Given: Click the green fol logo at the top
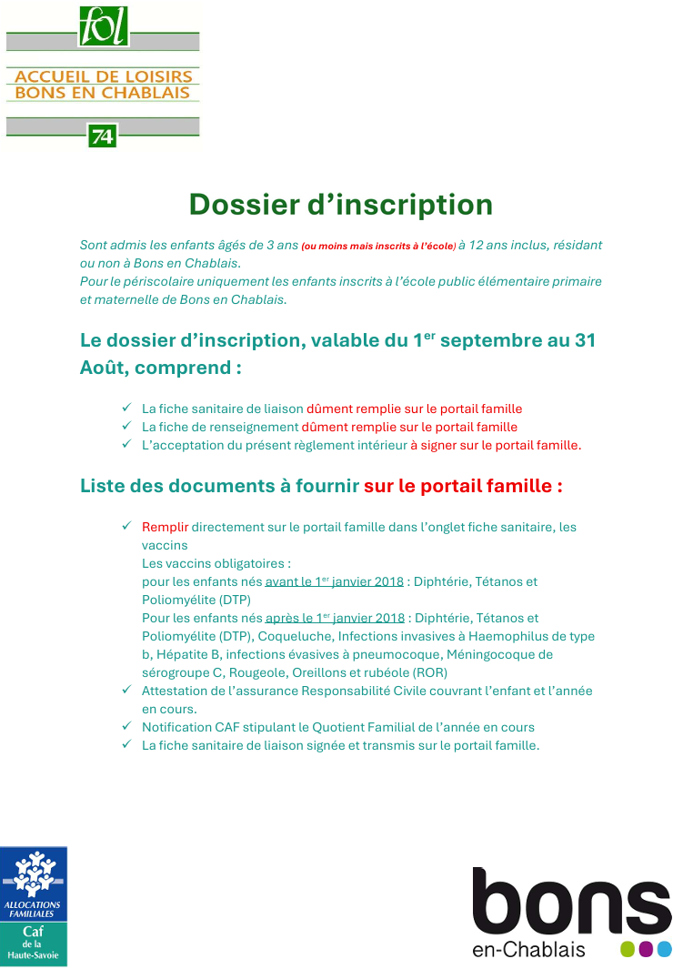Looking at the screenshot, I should coord(103,26).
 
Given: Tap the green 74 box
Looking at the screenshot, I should coord(102,136).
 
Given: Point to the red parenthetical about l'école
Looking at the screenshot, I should coord(378,246).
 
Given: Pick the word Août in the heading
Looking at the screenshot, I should coord(104,368).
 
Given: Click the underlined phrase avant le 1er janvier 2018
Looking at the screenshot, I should coord(334,581).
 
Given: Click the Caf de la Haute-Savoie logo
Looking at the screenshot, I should coord(34,905).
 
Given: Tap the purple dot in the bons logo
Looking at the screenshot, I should coord(646,949).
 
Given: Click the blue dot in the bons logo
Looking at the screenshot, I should coord(665,949).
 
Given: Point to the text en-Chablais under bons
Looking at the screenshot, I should coord(528,949).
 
